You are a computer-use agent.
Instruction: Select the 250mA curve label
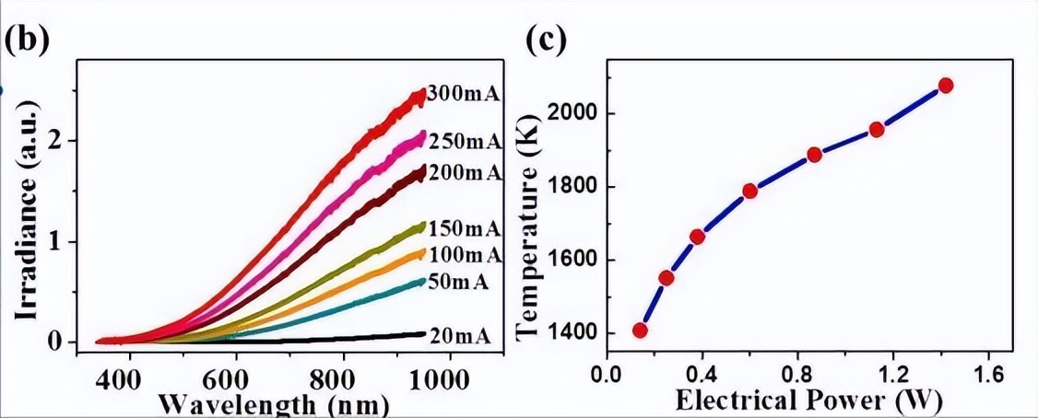tap(465, 142)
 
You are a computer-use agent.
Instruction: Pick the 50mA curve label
tap(459, 283)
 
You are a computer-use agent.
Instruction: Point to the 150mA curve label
tap(465, 228)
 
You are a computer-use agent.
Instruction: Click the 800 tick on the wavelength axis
tap(344, 377)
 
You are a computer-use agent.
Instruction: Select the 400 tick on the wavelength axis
tap(129, 377)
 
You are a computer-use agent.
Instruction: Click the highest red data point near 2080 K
tap(945, 86)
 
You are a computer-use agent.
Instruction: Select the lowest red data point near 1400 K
tap(640, 331)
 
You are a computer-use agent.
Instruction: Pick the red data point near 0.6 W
tap(749, 191)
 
